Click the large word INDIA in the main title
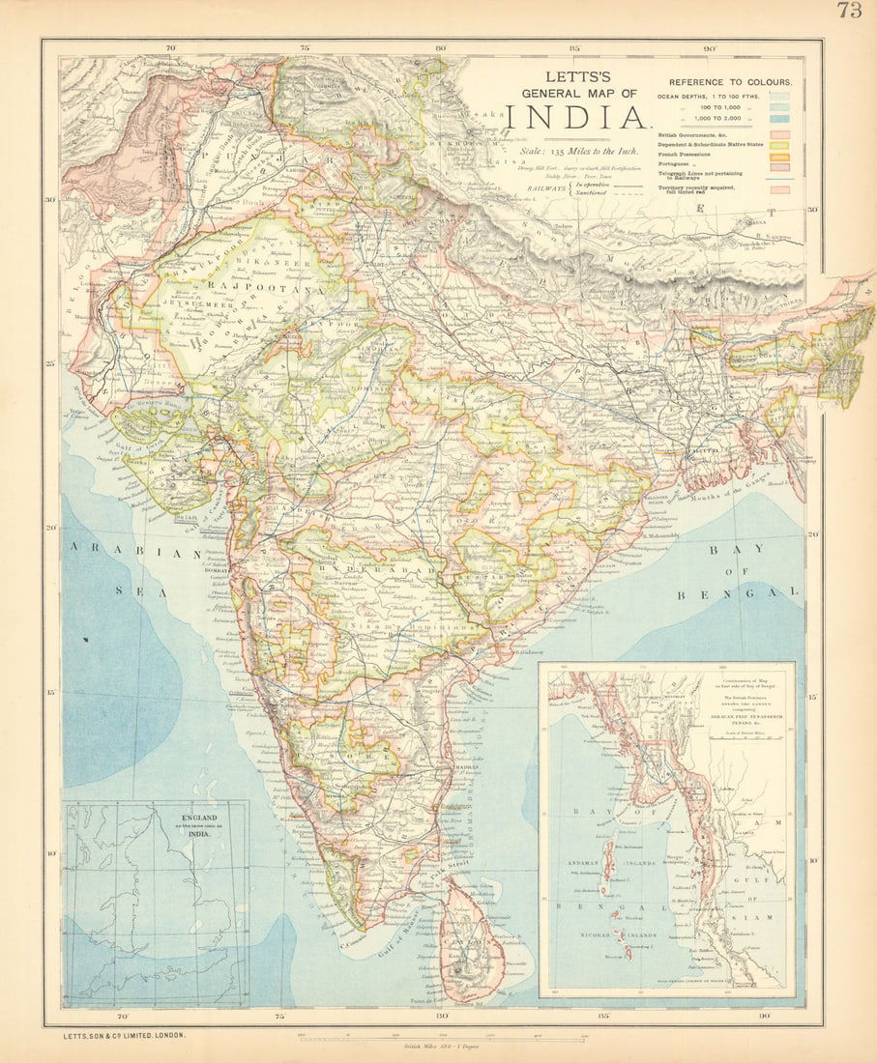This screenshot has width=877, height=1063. (576, 118)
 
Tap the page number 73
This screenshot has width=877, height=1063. (849, 11)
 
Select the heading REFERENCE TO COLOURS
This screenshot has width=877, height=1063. (730, 82)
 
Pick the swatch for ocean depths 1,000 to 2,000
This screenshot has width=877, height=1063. (779, 119)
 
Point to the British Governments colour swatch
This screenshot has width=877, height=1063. (779, 135)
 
